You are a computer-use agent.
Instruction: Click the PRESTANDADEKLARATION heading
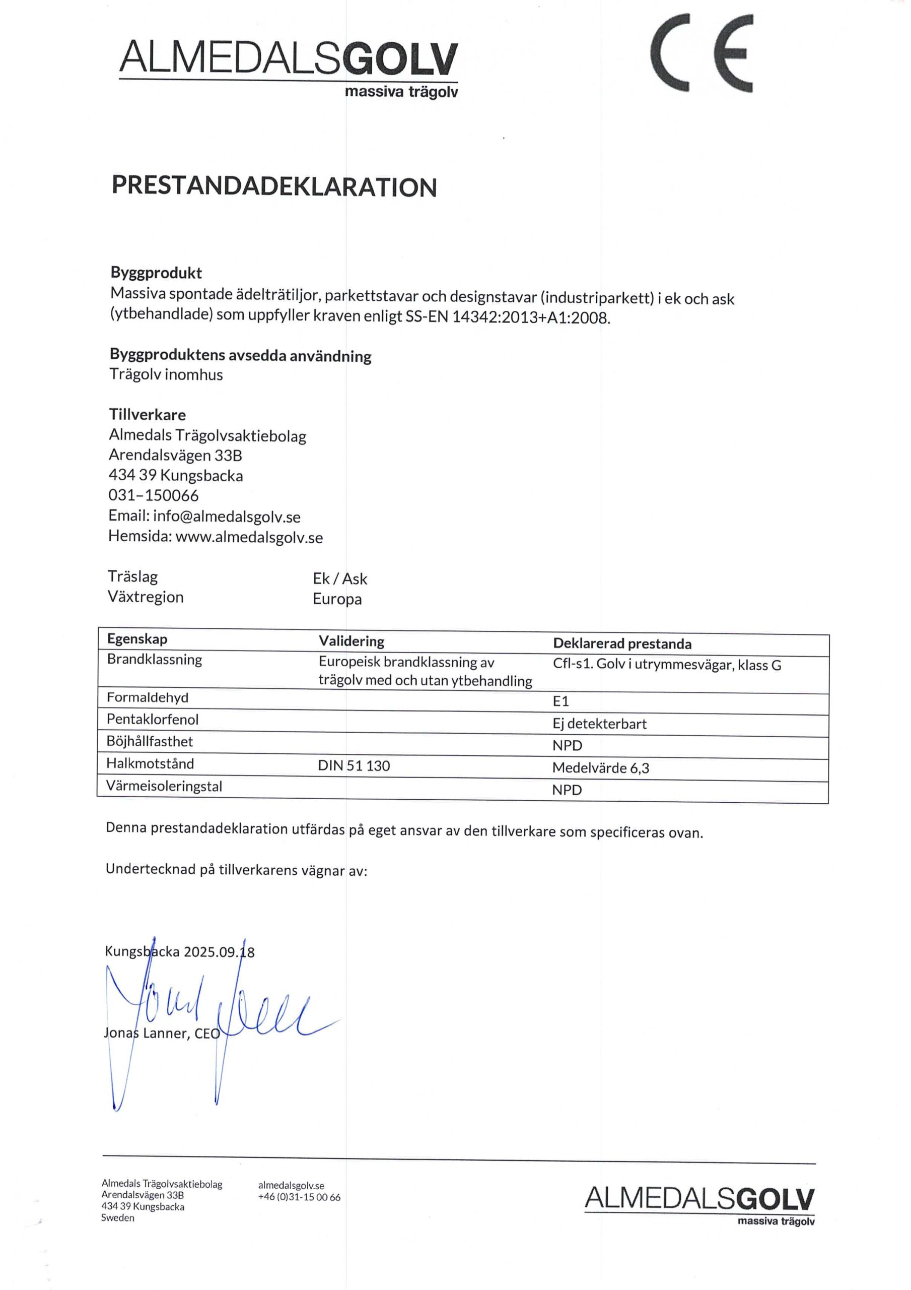(x=274, y=186)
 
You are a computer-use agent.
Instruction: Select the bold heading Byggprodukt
(x=156, y=273)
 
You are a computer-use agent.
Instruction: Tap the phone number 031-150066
(x=153, y=495)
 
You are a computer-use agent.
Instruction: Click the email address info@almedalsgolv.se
(x=226, y=517)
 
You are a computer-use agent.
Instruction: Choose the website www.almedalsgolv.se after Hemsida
(x=249, y=538)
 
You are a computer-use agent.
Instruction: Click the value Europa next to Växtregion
(x=337, y=599)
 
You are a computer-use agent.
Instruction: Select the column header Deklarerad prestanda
(x=622, y=644)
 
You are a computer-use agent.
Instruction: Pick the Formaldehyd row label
(x=148, y=698)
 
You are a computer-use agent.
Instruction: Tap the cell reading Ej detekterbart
(x=599, y=724)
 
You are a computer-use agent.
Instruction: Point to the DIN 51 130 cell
(x=354, y=766)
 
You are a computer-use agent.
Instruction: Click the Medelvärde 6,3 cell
(x=600, y=768)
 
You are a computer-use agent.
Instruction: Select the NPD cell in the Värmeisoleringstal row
(x=567, y=790)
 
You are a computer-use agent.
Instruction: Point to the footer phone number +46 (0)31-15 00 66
(x=299, y=1197)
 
